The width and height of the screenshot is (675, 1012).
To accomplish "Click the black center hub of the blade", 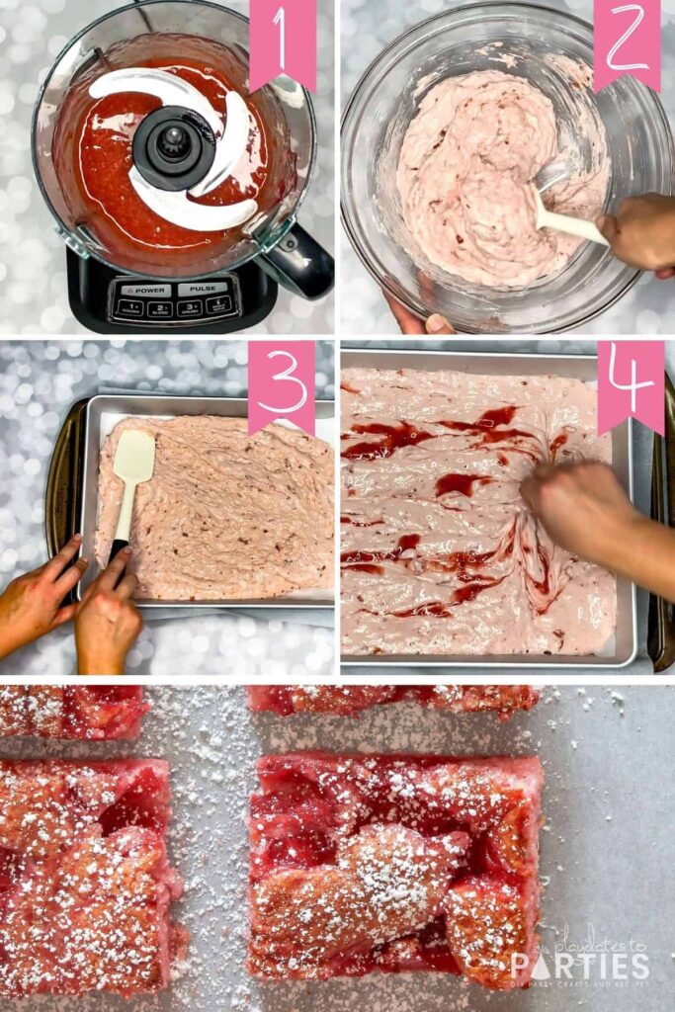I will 174,146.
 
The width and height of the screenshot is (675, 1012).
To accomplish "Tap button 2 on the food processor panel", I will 158,308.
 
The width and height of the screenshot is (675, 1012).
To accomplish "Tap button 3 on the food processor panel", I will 190,308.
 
